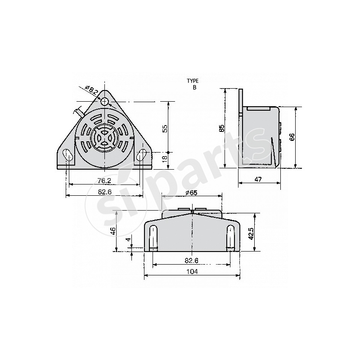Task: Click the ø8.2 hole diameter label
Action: click(x=93, y=91)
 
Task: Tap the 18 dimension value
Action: click(x=165, y=157)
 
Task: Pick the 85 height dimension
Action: click(x=221, y=128)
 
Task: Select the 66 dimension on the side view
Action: click(x=292, y=137)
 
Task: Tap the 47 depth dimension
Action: click(x=258, y=180)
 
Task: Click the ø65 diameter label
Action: click(x=191, y=193)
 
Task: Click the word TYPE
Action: click(x=193, y=81)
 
